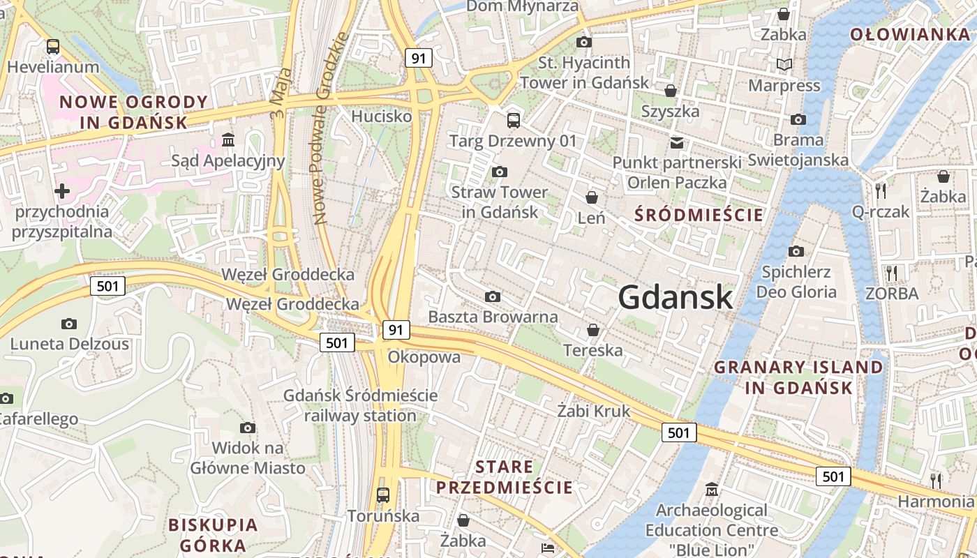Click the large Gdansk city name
pyautogui.click(x=675, y=297)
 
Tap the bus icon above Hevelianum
pyautogui.click(x=53, y=47)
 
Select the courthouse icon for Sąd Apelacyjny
pyautogui.click(x=228, y=139)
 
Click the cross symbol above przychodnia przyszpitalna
pyautogui.click(x=62, y=190)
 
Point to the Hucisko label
pyautogui.click(x=382, y=116)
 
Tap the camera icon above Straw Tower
pyautogui.click(x=499, y=172)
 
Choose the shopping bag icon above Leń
pyautogui.click(x=592, y=197)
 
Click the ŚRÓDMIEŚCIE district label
pyautogui.click(x=699, y=215)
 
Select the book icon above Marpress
pyautogui.click(x=784, y=65)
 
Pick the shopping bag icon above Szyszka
pyautogui.click(x=671, y=91)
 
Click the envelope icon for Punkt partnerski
pyautogui.click(x=676, y=142)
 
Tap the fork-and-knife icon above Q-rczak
pyautogui.click(x=881, y=190)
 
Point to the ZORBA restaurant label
pyautogui.click(x=892, y=294)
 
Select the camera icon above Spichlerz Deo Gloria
pyautogui.click(x=796, y=251)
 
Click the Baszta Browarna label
pyautogui.click(x=493, y=317)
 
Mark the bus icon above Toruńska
pyautogui.click(x=383, y=495)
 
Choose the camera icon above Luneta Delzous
pyautogui.click(x=68, y=324)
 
